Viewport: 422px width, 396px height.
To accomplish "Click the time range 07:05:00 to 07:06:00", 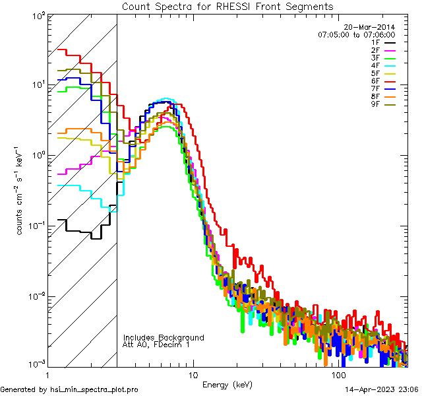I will [x=356, y=34].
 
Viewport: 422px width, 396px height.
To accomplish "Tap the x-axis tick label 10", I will [x=193, y=375].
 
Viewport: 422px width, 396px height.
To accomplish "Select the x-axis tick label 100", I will [x=338, y=375].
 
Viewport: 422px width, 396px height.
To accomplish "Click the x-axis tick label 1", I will [x=46, y=375].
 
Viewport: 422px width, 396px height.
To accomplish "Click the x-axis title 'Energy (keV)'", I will [x=226, y=384].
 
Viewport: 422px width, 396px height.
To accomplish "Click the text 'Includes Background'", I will [x=164, y=337].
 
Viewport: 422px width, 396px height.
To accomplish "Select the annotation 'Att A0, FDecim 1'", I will [x=157, y=345].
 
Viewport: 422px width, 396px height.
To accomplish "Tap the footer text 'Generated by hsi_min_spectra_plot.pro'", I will [x=69, y=390].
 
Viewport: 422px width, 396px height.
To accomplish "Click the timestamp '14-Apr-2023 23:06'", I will [x=380, y=390].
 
